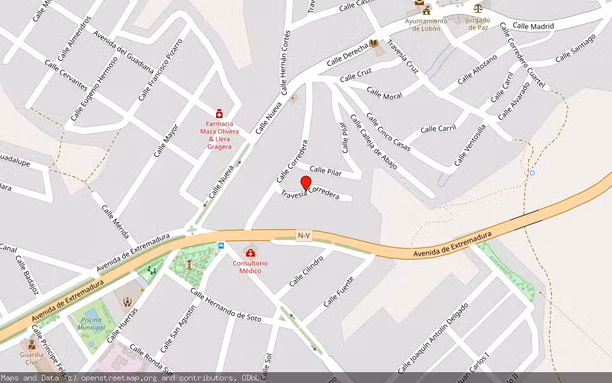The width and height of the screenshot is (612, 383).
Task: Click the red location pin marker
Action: [x=305, y=183]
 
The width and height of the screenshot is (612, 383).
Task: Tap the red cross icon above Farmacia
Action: [x=219, y=113]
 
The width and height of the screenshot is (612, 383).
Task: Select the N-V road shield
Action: [x=304, y=236]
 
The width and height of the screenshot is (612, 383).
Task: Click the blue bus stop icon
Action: [x=221, y=245]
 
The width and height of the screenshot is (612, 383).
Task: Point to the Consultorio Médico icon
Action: [x=250, y=253]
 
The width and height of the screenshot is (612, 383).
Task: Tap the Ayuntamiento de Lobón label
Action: [x=426, y=24]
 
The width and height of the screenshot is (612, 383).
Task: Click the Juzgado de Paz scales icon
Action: [x=477, y=8]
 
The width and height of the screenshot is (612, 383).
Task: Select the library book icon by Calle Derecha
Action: [x=374, y=43]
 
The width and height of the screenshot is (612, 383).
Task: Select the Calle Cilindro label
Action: [x=307, y=271]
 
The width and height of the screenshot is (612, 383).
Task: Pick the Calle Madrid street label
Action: [x=533, y=26]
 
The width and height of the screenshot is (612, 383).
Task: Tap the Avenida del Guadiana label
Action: [x=123, y=52]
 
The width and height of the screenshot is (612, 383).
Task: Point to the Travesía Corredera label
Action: [x=310, y=193]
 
